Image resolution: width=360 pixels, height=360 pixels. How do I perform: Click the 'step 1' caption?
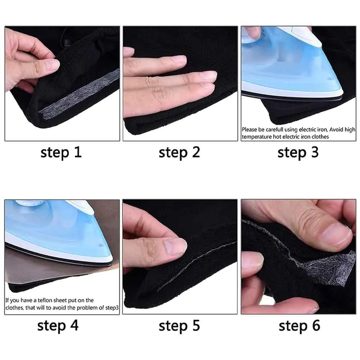[x=61, y=153]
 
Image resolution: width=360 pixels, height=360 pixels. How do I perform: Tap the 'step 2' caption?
[x=179, y=153]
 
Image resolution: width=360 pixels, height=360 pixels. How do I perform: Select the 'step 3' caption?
[x=298, y=153]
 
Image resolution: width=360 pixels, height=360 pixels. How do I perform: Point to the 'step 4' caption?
[x=58, y=326]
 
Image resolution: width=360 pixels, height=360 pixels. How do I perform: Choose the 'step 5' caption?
[x=179, y=326]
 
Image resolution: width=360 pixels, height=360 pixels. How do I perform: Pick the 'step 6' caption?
[x=300, y=326]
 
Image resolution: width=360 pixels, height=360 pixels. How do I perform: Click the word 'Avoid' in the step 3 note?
[x=336, y=130]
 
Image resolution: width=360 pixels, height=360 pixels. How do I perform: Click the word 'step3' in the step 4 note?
[x=112, y=308]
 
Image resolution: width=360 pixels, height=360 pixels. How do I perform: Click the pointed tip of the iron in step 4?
[x=112, y=262]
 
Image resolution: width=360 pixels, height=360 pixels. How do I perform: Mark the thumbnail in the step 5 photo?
[x=176, y=246]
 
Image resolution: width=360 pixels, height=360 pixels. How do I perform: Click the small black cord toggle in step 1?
[x=67, y=43]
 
